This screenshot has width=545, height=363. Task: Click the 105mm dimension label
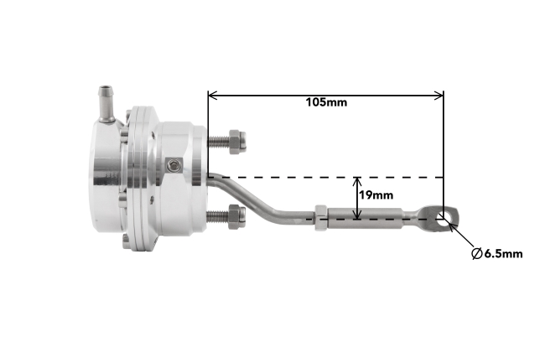(x=326, y=102)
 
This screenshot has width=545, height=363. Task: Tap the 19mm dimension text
(x=376, y=195)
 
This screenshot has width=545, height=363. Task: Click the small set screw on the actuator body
(x=173, y=167)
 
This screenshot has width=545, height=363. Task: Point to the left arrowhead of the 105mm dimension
(x=213, y=95)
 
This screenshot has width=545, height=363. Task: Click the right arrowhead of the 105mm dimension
(x=439, y=95)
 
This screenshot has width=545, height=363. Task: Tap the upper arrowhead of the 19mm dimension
(x=359, y=182)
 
